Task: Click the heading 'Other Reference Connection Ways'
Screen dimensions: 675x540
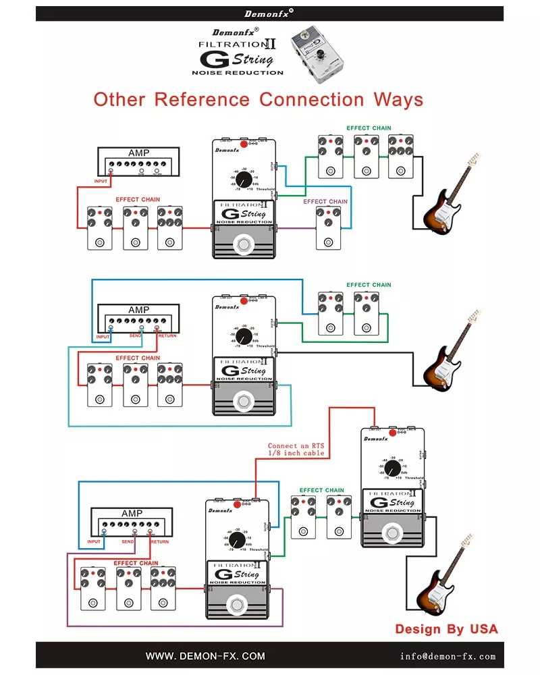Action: pyautogui.click(x=259, y=100)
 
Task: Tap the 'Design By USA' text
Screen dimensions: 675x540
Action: pyautogui.click(x=446, y=629)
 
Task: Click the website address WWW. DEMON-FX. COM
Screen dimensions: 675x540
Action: pyautogui.click(x=205, y=655)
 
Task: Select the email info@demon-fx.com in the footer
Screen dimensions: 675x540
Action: pyautogui.click(x=447, y=655)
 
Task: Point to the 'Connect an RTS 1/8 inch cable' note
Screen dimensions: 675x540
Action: pyautogui.click(x=296, y=450)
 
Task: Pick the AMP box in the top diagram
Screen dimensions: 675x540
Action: pyautogui.click(x=138, y=162)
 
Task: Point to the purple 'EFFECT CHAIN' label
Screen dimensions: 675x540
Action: pyautogui.click(x=325, y=201)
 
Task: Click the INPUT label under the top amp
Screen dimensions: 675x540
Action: pyautogui.click(x=101, y=181)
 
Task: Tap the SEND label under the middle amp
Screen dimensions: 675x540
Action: pyautogui.click(x=135, y=336)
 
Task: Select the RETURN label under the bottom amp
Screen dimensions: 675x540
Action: pyautogui.click(x=159, y=541)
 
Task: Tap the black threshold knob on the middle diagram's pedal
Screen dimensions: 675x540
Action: pyautogui.click(x=244, y=335)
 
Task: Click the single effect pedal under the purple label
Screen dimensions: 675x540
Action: pyautogui.click(x=327, y=226)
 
